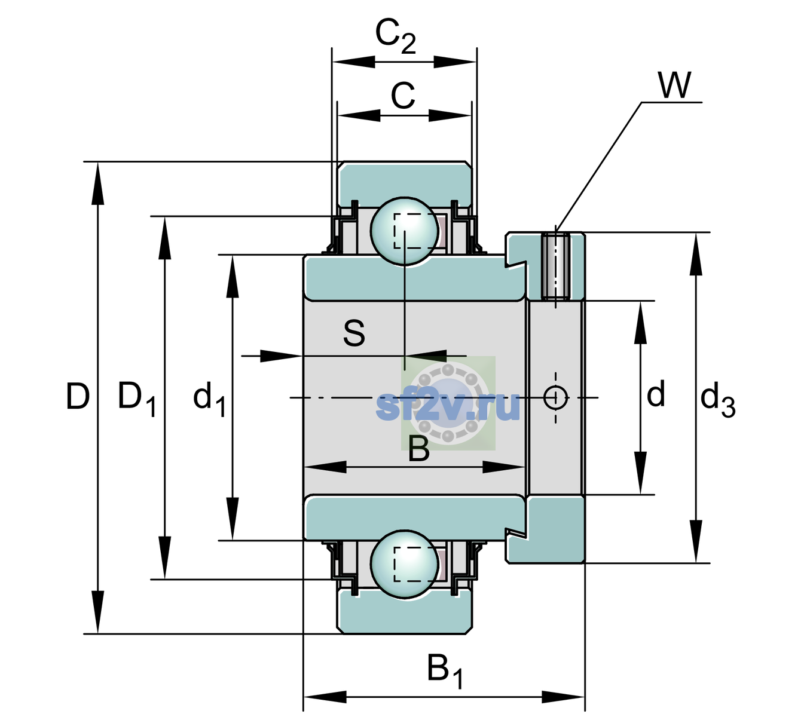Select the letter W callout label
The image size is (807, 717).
click(675, 85)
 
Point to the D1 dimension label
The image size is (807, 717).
click(137, 398)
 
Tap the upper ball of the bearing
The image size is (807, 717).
click(404, 231)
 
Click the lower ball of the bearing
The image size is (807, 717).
click(404, 564)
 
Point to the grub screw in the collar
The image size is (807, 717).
click(556, 266)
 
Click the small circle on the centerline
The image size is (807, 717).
click(556, 397)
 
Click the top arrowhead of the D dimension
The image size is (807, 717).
click(97, 183)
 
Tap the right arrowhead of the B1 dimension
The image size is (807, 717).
click(563, 697)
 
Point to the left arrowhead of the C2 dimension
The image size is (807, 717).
click(354, 62)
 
